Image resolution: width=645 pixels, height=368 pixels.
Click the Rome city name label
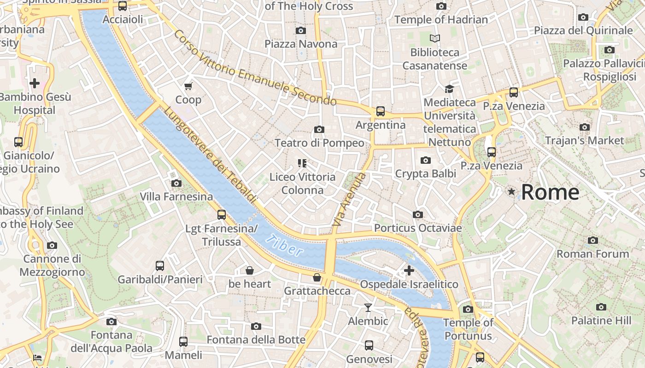(550, 192)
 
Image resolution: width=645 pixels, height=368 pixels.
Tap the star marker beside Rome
(511, 191)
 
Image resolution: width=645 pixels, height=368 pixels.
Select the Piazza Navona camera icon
(301, 30)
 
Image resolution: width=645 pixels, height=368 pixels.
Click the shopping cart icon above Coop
(188, 86)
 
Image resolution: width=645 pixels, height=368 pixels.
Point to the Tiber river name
(286, 245)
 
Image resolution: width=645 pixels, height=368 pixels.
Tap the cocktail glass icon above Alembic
(368, 307)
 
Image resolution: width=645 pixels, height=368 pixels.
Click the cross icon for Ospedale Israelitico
(409, 270)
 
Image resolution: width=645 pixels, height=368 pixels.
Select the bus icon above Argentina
(381, 111)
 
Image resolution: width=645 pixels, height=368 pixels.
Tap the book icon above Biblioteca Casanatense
(435, 39)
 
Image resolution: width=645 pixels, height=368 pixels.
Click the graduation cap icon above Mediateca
(449, 89)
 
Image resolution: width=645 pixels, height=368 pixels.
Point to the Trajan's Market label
(584, 140)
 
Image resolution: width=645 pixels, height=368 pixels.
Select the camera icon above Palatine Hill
(601, 307)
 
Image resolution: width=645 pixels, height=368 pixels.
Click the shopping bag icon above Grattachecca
(317, 277)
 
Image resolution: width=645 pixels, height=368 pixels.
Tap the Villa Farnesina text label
(176, 197)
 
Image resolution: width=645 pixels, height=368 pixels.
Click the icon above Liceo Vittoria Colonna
(302, 163)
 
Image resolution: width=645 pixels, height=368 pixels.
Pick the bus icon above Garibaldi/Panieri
(160, 266)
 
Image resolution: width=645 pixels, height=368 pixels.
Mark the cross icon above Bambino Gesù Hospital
(35, 83)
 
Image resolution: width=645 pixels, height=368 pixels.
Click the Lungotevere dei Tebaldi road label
(210, 155)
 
